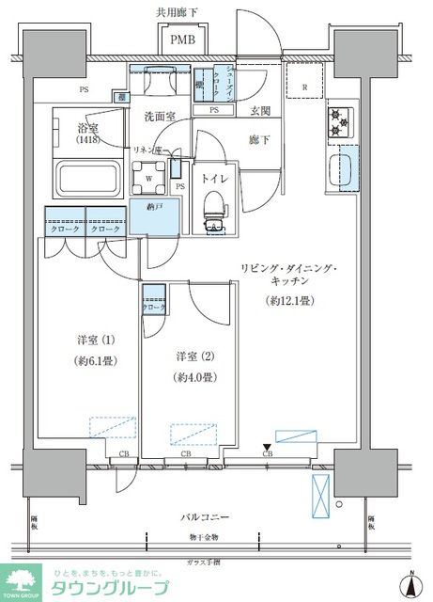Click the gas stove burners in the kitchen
pos(337,122)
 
